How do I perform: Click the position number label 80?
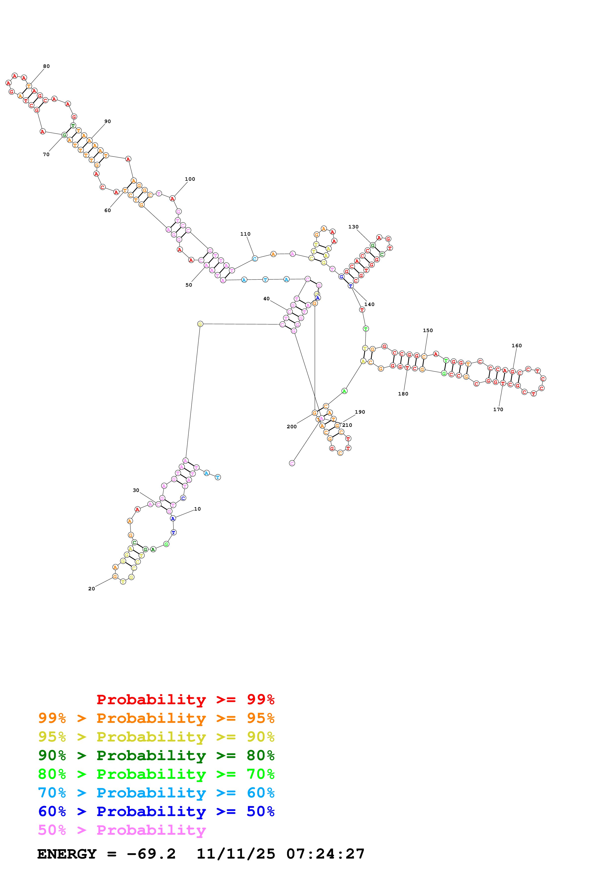46,66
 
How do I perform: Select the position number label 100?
190,179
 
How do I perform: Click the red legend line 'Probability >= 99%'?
186,699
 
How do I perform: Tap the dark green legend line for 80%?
156,755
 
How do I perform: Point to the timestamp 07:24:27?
326,854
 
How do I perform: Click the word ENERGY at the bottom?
67,854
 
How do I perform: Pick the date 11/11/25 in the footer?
236,854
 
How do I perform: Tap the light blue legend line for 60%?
156,793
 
